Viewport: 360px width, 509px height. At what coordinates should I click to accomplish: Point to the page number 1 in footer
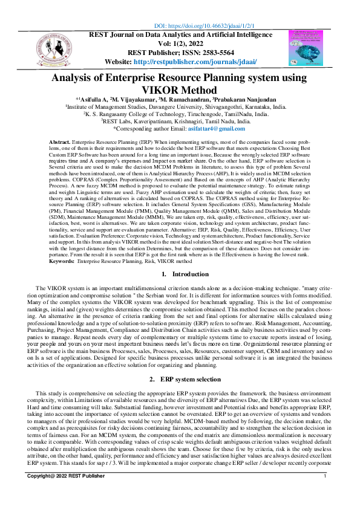(326, 494)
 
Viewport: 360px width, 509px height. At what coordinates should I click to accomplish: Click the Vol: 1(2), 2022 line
(180, 44)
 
